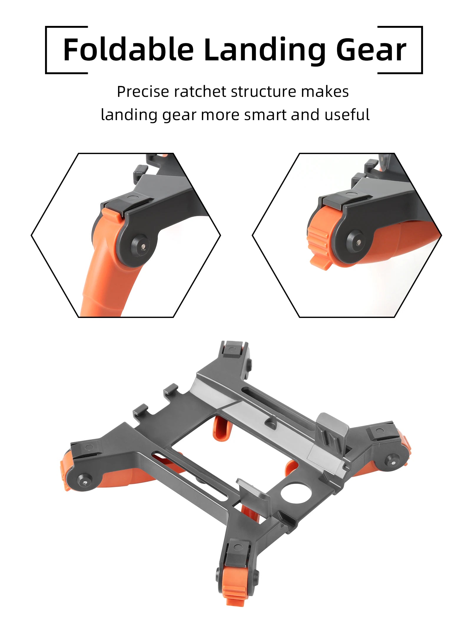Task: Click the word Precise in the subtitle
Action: [142, 92]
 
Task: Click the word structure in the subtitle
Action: [263, 92]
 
